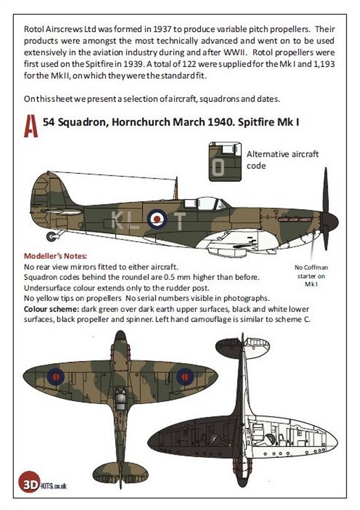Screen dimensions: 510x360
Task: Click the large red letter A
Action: click(x=32, y=129)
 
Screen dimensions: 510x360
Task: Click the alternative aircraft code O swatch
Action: click(x=225, y=161)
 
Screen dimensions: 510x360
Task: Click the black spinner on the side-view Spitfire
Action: click(x=329, y=221)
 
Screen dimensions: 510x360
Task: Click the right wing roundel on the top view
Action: click(x=185, y=377)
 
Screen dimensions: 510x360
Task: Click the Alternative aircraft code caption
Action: click(x=282, y=160)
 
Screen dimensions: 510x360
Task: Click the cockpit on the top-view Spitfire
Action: click(x=120, y=395)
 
